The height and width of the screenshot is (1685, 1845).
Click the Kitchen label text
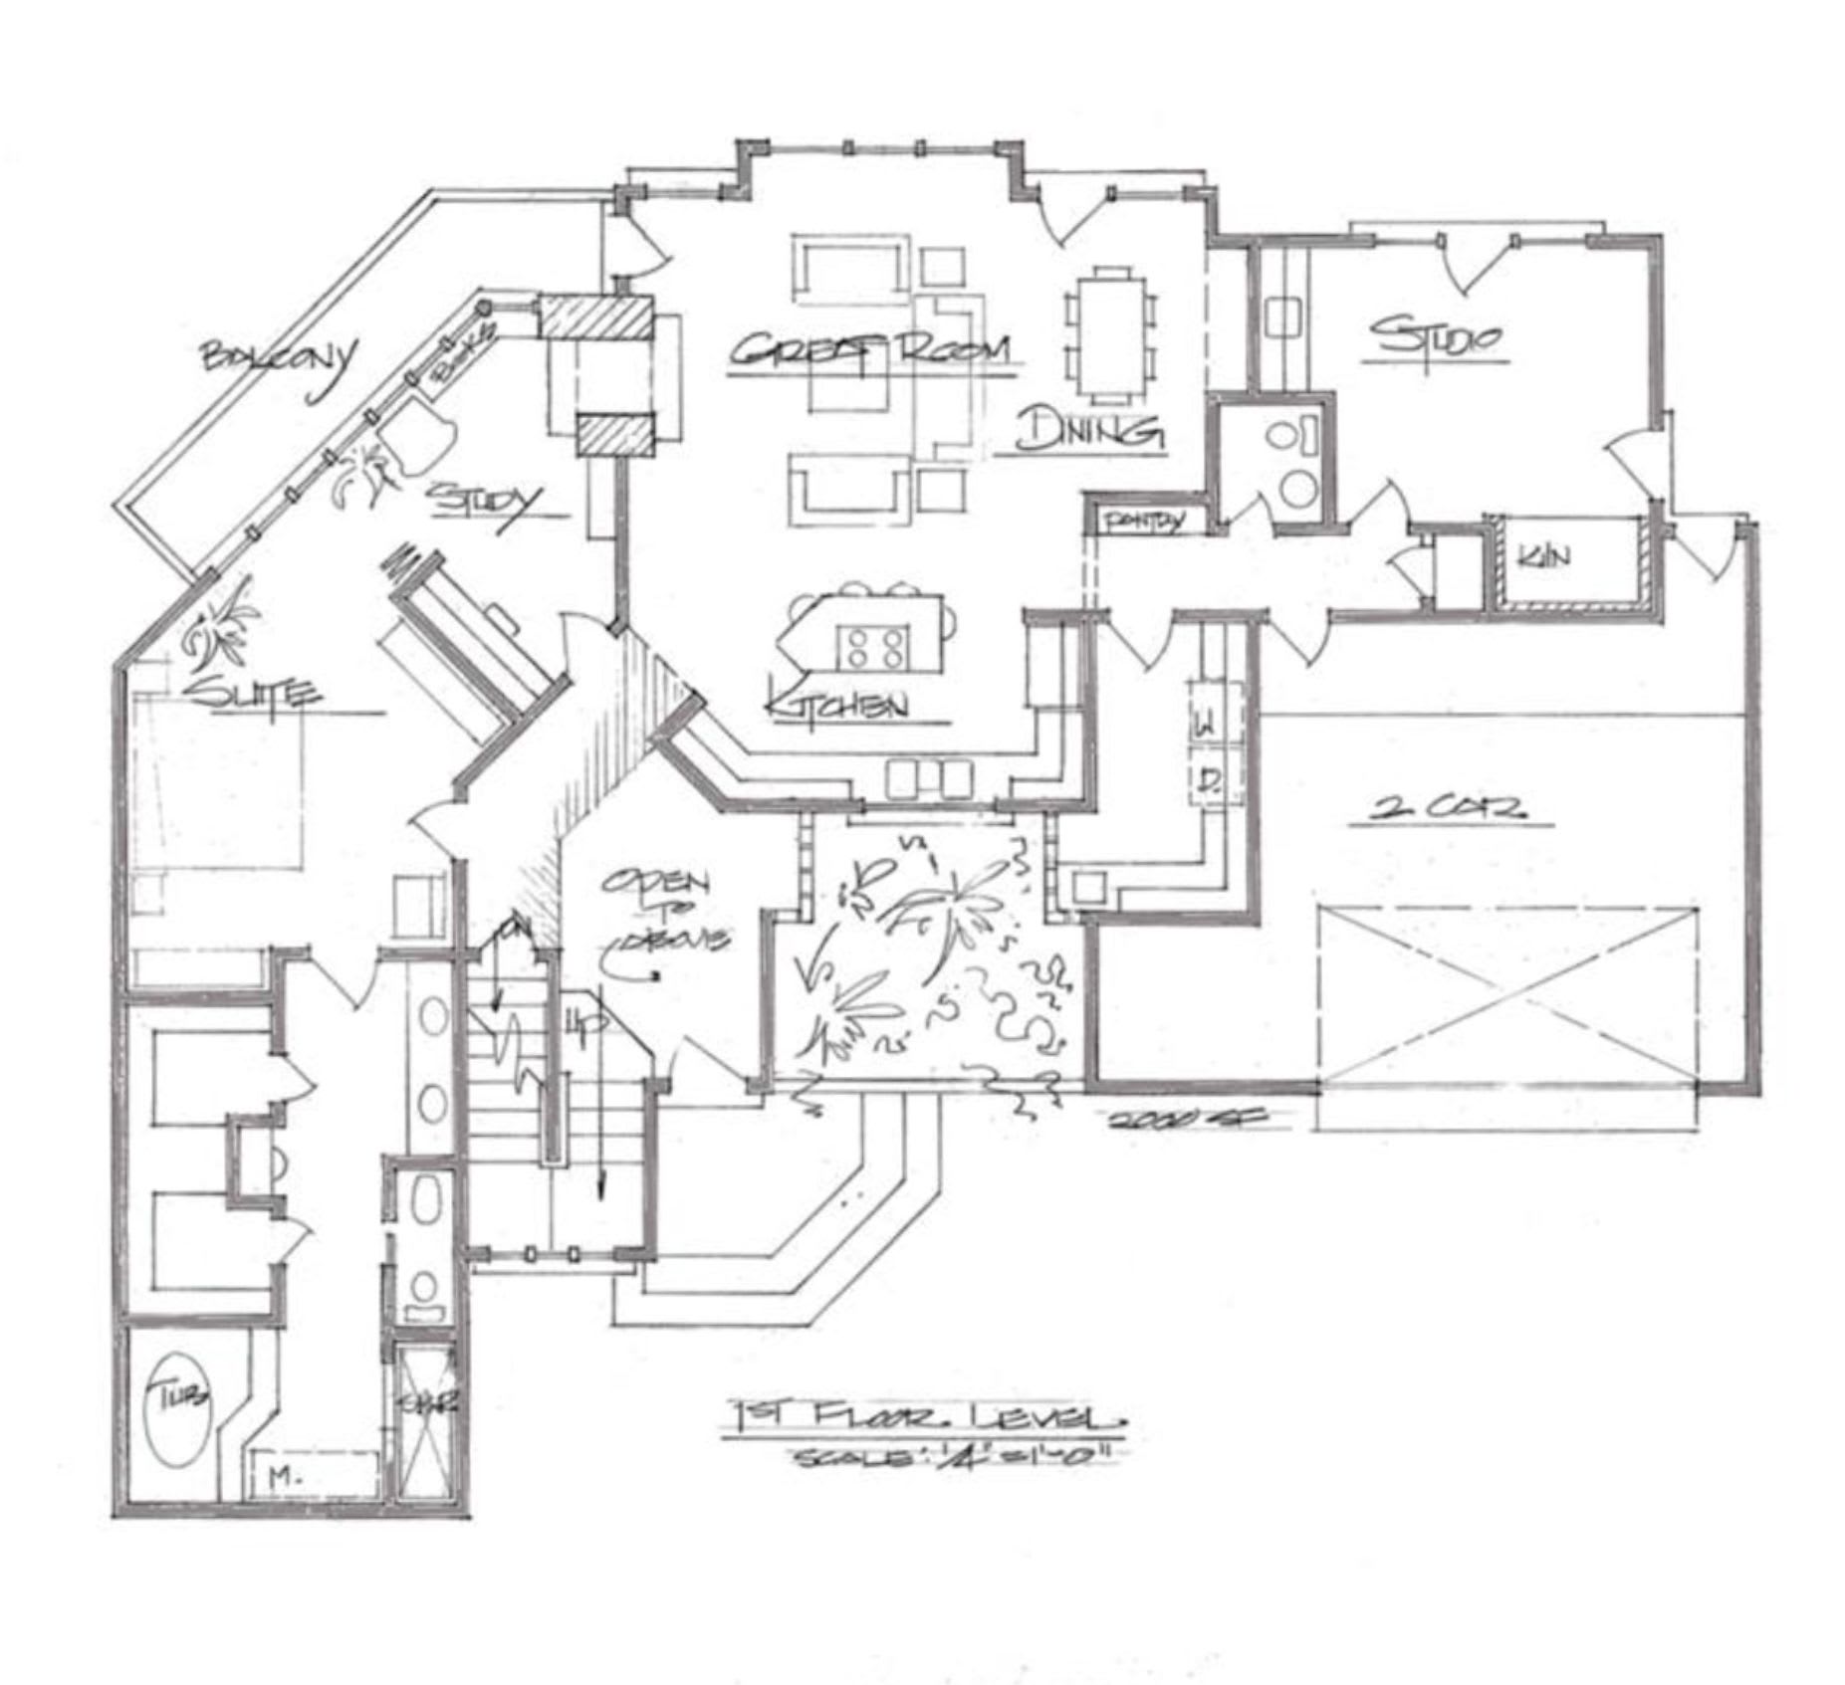pyautogui.click(x=836, y=705)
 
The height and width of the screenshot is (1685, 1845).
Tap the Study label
pyautogui.click(x=485, y=498)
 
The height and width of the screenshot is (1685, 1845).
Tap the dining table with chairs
pyautogui.click(x=1111, y=332)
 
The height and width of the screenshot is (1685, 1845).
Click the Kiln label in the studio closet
pyautogui.click(x=1542, y=556)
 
